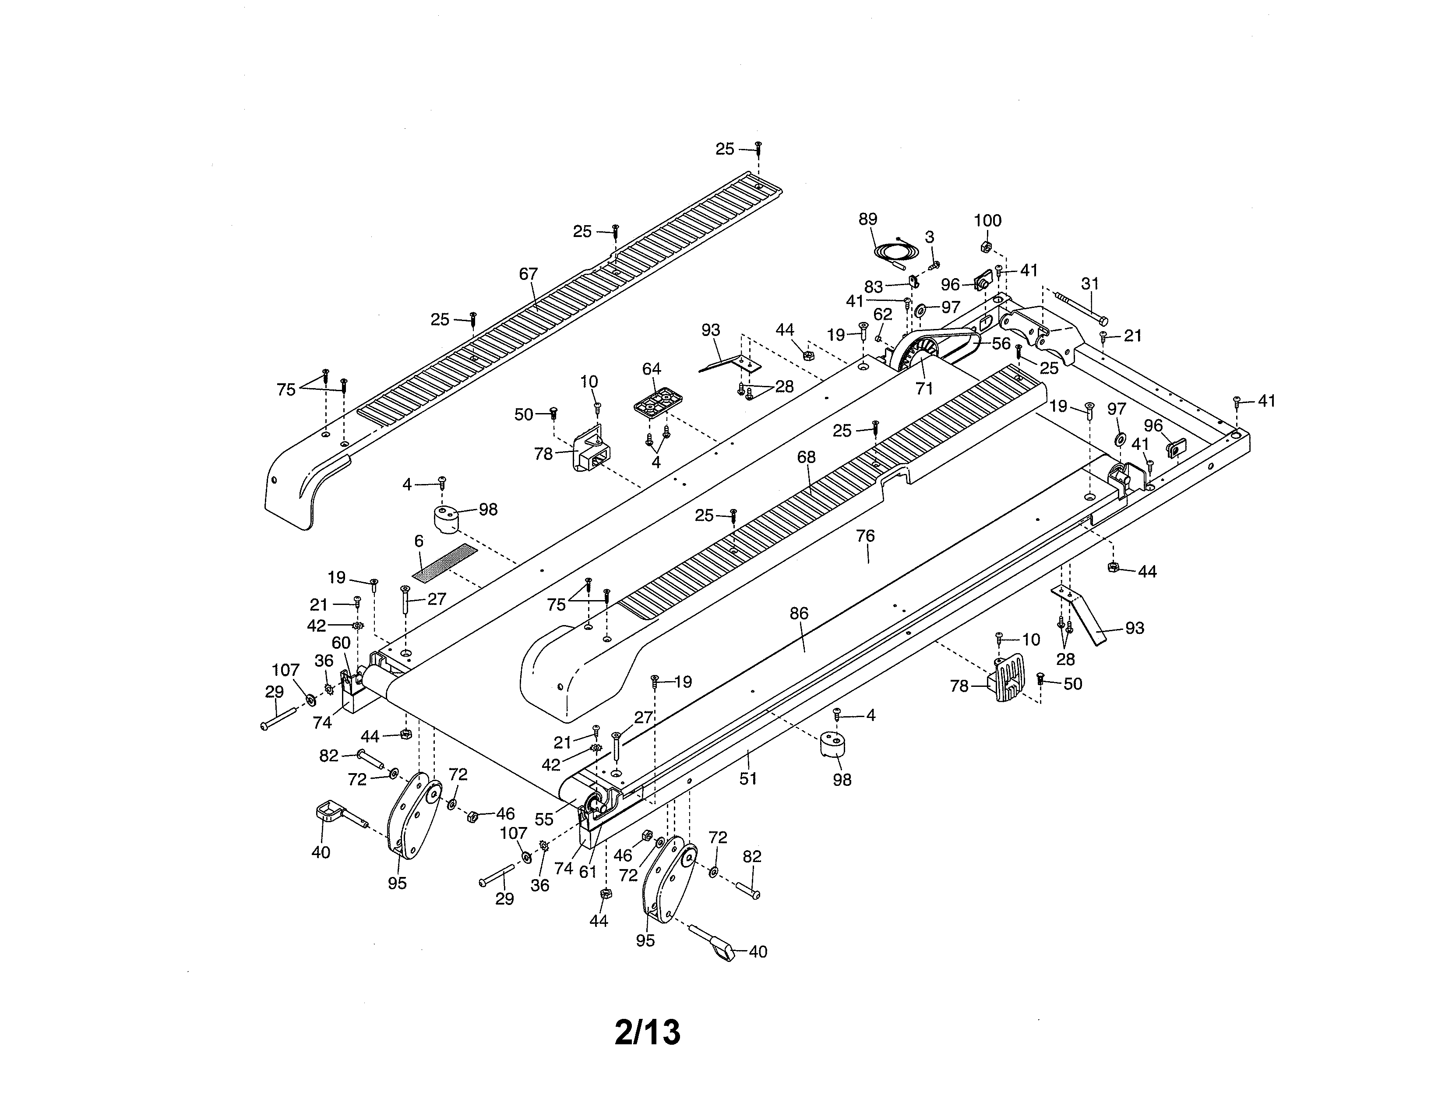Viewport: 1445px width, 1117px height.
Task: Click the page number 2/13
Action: [x=647, y=1032]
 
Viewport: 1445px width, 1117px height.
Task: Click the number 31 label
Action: [x=1090, y=284]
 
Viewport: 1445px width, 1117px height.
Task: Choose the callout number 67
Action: [x=528, y=273]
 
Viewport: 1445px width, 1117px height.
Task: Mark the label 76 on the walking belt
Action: [x=865, y=536]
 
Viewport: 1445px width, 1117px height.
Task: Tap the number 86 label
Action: [x=799, y=613]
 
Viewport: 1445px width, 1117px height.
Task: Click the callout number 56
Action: [x=1001, y=343]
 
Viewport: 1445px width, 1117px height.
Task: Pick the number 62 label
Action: [x=883, y=314]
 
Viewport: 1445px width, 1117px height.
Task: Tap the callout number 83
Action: [x=874, y=286]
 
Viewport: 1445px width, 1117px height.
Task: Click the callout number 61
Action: [x=588, y=872]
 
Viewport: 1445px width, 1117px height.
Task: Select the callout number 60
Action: [x=341, y=643]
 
